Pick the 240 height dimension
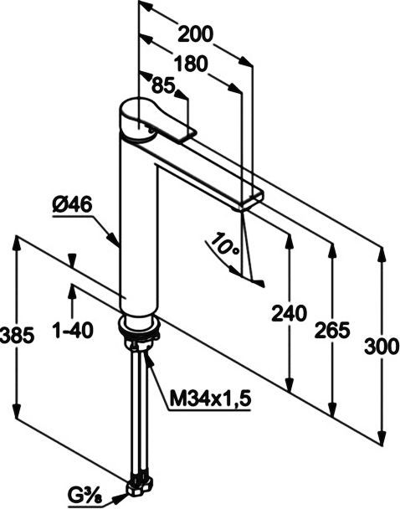(288, 314)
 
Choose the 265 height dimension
(332, 331)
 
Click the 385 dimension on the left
(17, 335)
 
